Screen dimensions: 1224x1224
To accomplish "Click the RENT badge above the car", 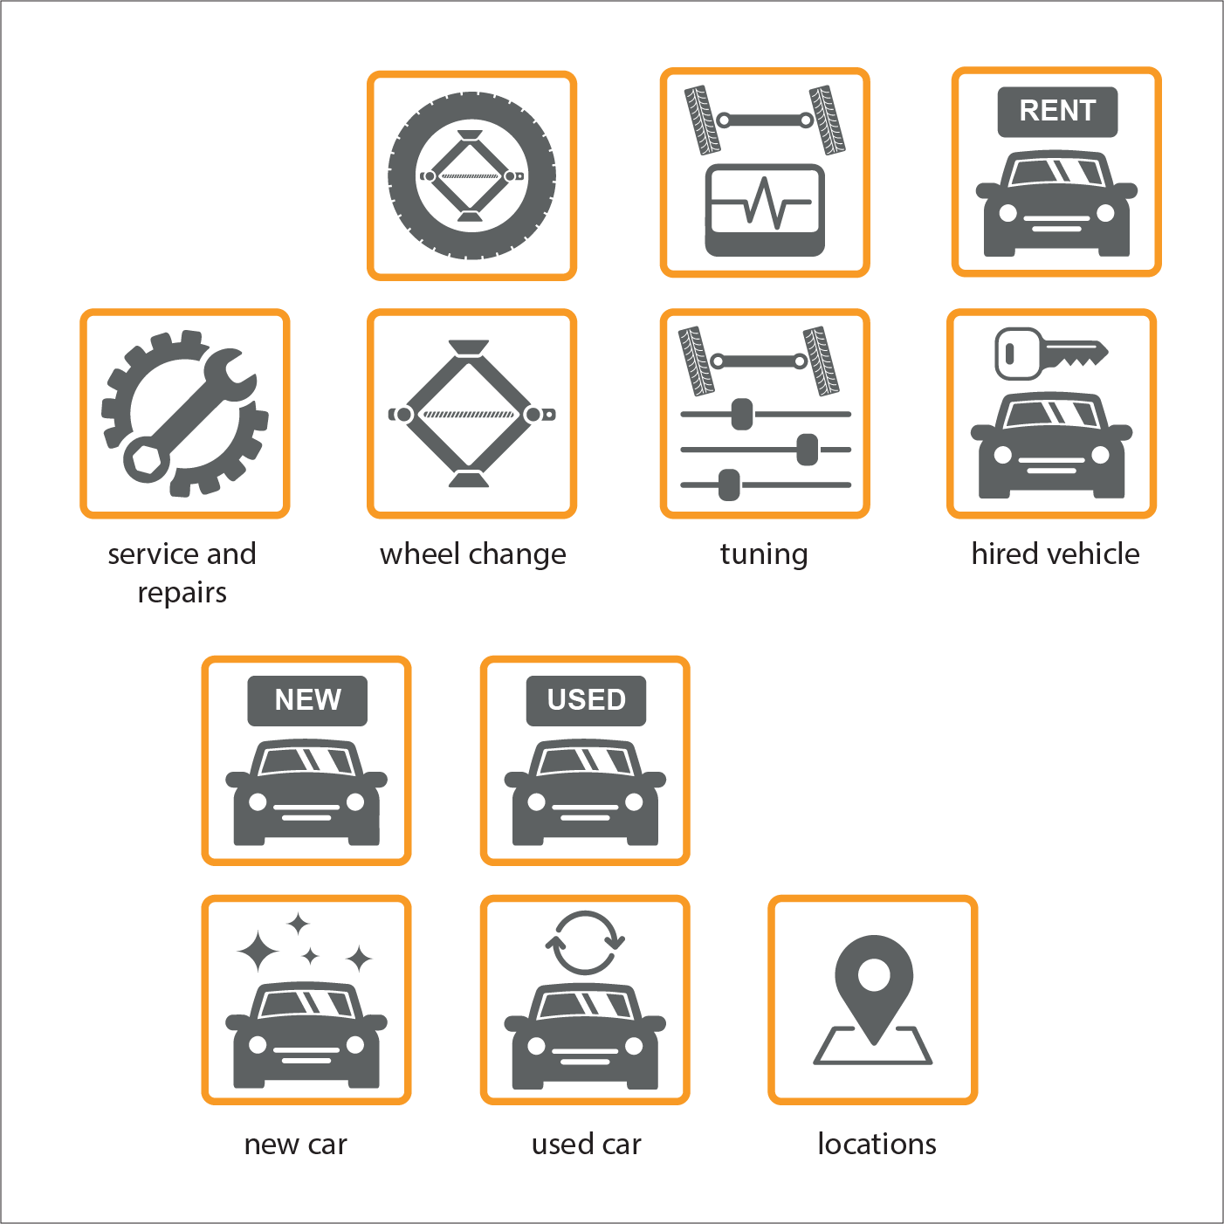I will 1057,112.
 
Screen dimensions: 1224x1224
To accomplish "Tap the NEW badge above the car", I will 307,700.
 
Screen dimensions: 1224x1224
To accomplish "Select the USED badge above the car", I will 586,700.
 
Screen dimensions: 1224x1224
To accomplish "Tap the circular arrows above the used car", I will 585,943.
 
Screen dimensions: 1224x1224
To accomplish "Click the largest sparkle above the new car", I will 258,951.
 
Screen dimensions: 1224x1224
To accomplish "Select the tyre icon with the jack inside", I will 471,175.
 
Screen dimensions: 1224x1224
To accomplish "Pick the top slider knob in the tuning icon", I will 741,414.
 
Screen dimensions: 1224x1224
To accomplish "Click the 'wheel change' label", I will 472,554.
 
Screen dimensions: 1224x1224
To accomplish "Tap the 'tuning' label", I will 764,554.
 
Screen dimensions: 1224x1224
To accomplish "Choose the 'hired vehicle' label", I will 1055,554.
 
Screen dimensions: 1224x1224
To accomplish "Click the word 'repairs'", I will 182,593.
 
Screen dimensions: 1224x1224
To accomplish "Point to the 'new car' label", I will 295,1144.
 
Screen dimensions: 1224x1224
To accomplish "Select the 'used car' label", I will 586,1144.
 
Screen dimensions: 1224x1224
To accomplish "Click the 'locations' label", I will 877,1144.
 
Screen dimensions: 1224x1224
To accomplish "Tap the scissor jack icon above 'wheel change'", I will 471,414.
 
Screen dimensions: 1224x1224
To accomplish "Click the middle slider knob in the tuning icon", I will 807,450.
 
